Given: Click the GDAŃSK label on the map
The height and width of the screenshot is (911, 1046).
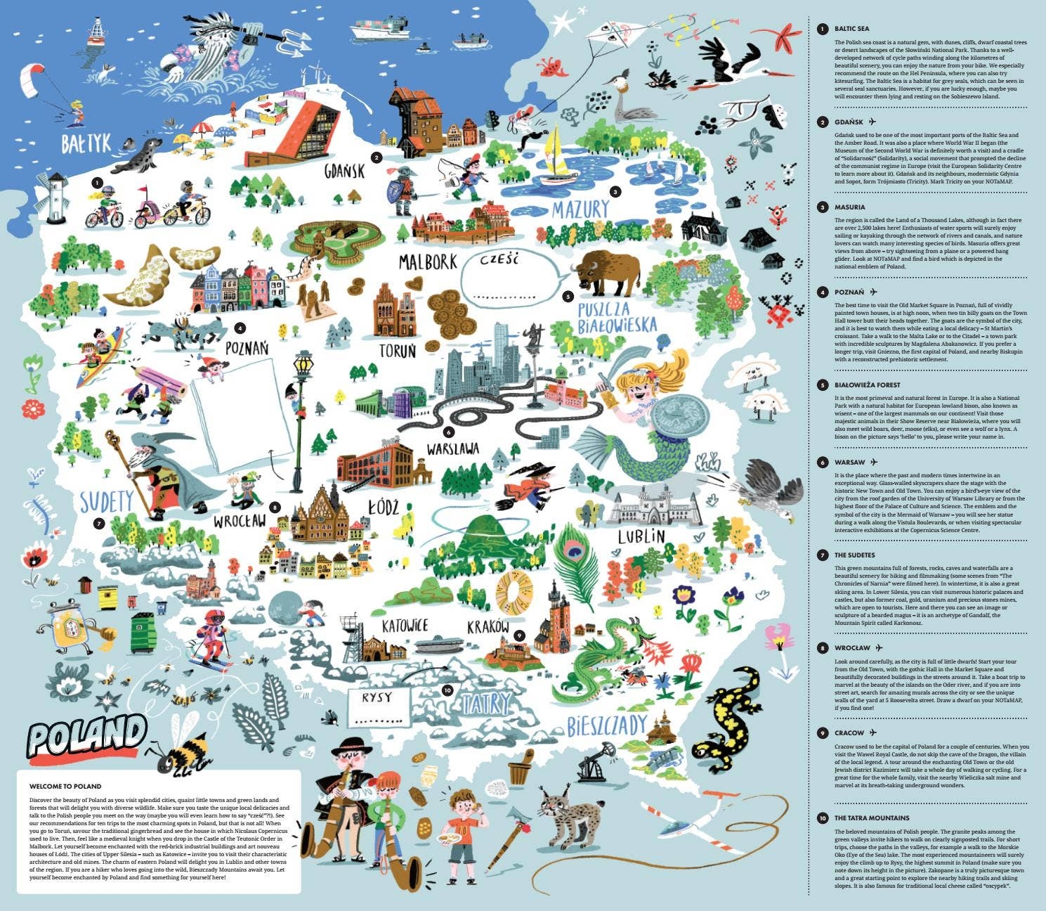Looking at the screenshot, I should click(x=344, y=171).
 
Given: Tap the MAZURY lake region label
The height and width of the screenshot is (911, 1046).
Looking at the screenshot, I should click(x=580, y=209).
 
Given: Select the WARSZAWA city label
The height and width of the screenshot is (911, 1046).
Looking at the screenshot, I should click(x=453, y=448).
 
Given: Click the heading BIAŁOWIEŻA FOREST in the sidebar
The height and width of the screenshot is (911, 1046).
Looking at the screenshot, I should click(x=867, y=385).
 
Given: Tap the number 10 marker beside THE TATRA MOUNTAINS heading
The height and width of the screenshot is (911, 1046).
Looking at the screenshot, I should click(x=822, y=818).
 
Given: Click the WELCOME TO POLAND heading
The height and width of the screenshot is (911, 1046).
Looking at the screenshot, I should click(x=65, y=787).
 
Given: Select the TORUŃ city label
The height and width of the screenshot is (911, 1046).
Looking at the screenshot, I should click(x=397, y=349).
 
